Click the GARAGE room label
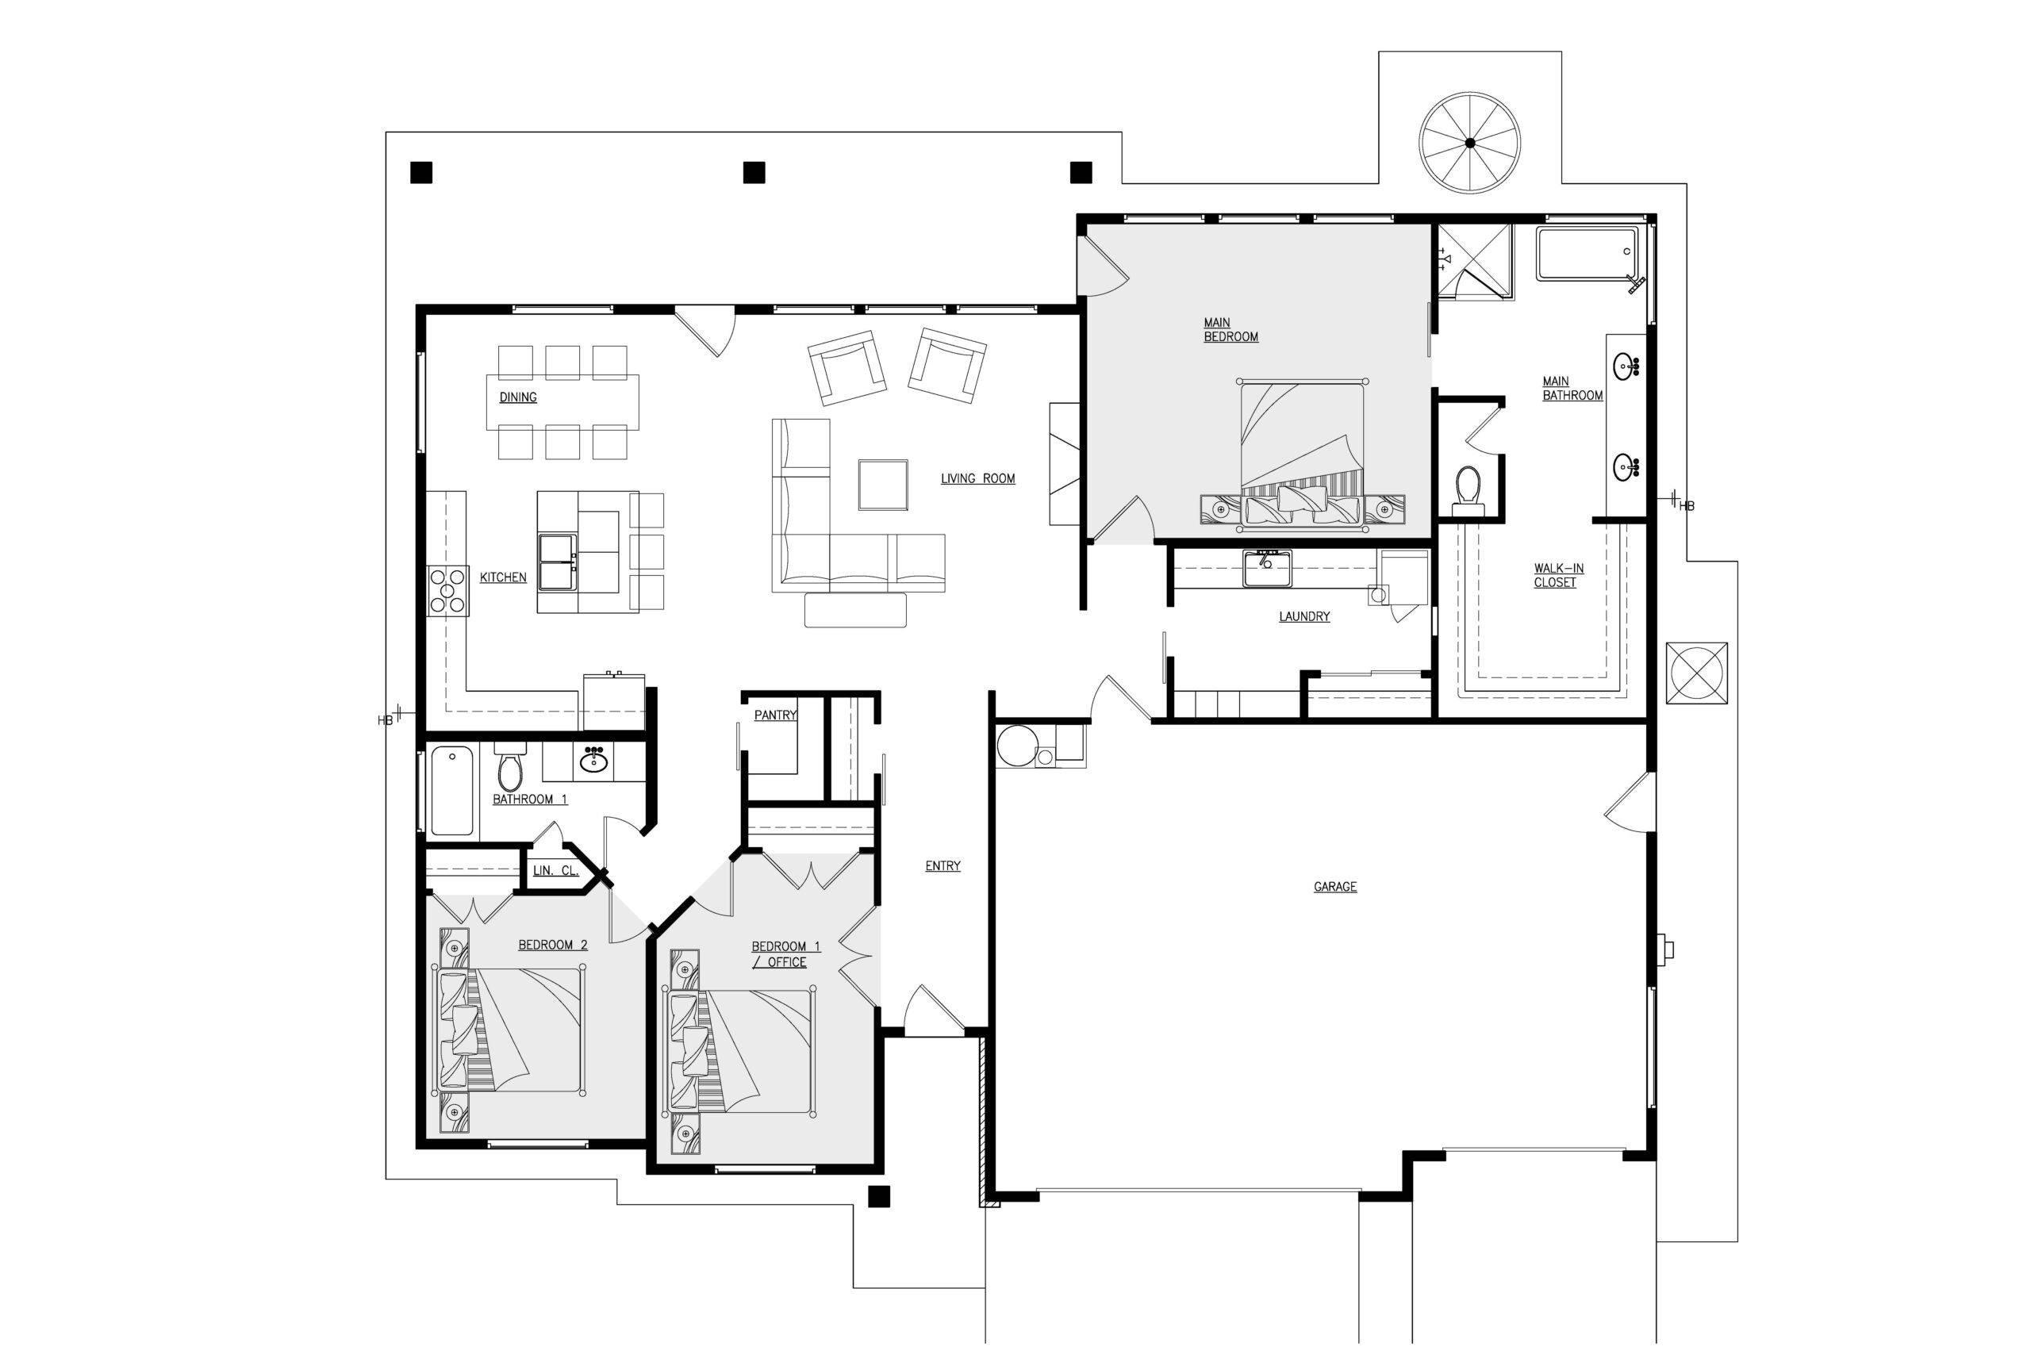(x=1335, y=887)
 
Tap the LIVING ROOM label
(x=977, y=478)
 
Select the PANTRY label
(x=775, y=715)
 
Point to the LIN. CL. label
(x=555, y=870)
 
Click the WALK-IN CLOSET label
(x=1559, y=575)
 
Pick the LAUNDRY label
(x=1304, y=616)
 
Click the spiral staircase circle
(x=1470, y=143)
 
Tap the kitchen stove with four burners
(x=448, y=591)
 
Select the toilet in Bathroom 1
(x=510, y=766)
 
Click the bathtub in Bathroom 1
(x=451, y=790)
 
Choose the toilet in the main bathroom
(x=1468, y=490)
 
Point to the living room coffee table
(x=882, y=485)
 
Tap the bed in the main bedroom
(x=1302, y=454)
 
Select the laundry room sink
(x=1267, y=569)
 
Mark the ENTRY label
(x=943, y=866)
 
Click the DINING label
(x=518, y=397)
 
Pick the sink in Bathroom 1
(x=593, y=761)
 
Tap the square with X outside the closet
(x=1696, y=673)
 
